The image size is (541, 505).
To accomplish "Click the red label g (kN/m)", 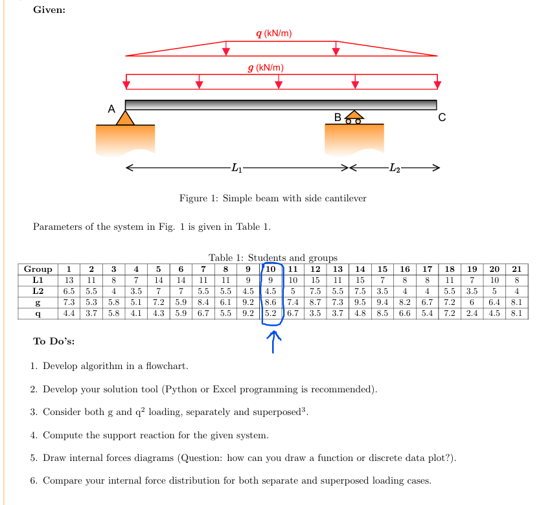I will coord(266,68).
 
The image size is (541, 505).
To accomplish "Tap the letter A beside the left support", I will coord(111,109).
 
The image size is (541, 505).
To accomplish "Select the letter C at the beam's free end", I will coord(442,117).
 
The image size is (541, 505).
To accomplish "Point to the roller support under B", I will coord(354,117).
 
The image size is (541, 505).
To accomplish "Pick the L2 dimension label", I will coord(394,168).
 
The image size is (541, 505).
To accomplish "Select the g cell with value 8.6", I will coord(271,302).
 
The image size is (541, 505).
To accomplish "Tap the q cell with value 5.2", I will coord(271,313).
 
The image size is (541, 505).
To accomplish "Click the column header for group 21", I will coord(516,269).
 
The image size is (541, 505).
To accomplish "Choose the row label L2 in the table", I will coord(38,291).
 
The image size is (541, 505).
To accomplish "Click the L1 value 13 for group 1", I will coord(69,280).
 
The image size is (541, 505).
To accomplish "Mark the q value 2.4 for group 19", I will coord(473,313).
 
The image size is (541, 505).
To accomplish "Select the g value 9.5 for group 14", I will coord(360,302).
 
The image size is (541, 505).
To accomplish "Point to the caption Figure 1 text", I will coord(272,198).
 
